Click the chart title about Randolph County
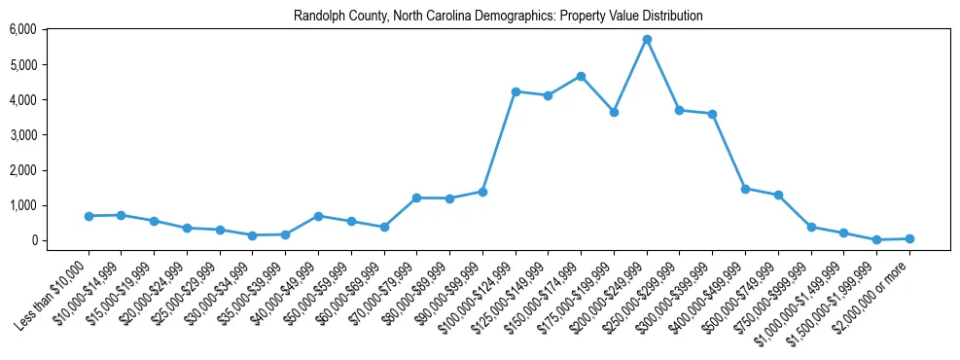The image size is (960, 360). point(498,17)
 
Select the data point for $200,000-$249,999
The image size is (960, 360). point(647,39)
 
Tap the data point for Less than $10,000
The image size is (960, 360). point(89,216)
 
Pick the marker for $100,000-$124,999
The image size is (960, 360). point(516,91)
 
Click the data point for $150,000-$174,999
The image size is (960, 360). point(581,76)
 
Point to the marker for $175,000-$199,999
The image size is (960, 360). point(614,112)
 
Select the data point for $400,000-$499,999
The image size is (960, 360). point(745,189)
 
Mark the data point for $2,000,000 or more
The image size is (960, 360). point(909,238)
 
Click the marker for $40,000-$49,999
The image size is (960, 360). point(318,216)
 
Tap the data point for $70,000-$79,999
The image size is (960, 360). point(416,198)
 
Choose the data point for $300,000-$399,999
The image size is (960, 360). point(712,114)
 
